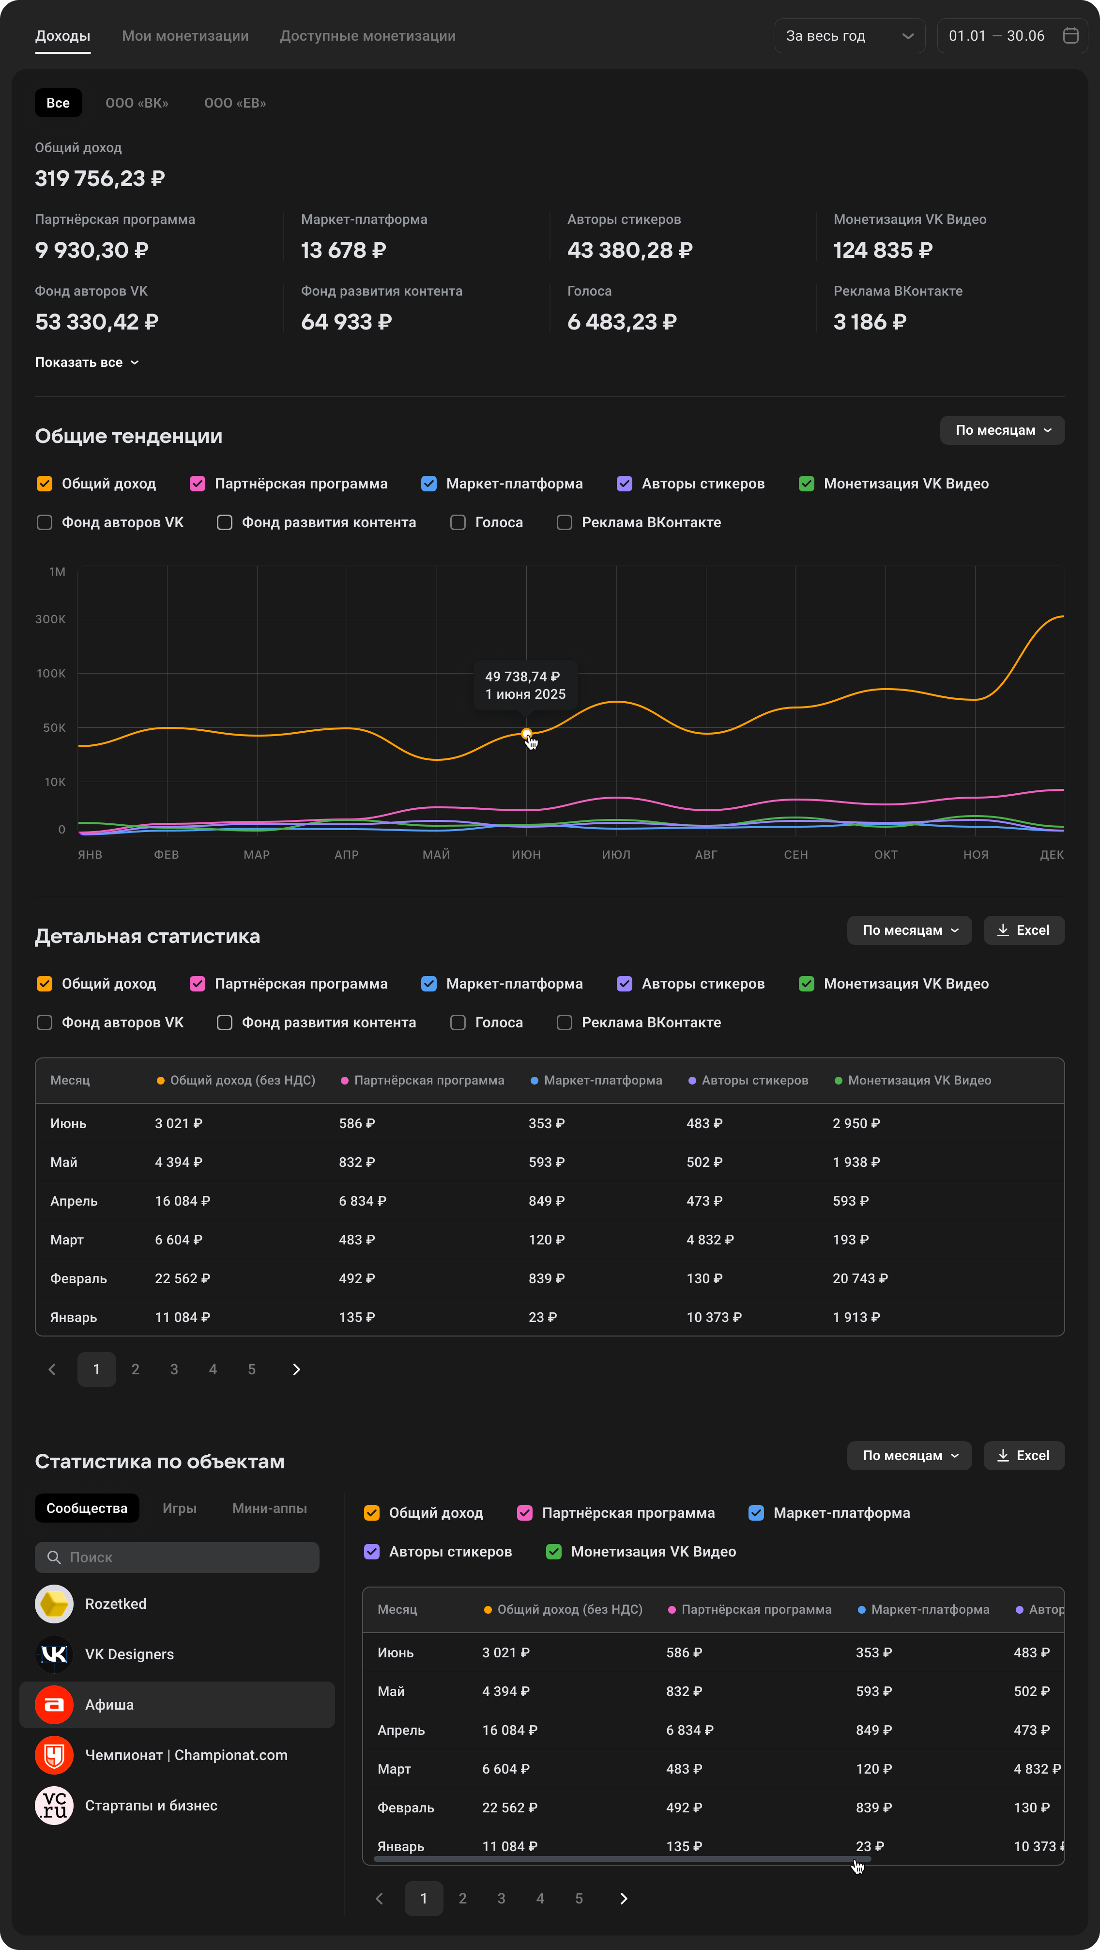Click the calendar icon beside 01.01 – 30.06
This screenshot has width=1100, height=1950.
pyautogui.click(x=1069, y=35)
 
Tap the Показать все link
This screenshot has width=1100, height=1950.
pyautogui.click(x=86, y=362)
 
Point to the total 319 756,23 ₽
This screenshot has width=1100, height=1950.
pyautogui.click(x=100, y=179)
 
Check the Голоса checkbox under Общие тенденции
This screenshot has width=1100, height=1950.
pyautogui.click(x=458, y=522)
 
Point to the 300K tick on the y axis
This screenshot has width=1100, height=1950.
pyautogui.click(x=51, y=619)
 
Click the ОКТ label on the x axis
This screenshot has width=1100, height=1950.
pyautogui.click(x=885, y=855)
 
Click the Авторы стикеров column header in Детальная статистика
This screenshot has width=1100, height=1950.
pyautogui.click(x=754, y=1080)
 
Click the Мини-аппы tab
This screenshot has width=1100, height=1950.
pyautogui.click(x=269, y=1508)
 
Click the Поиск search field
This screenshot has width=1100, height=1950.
pyautogui.click(x=177, y=1557)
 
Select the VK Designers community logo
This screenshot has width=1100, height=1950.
pyautogui.click(x=54, y=1654)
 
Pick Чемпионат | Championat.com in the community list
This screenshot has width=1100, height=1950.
pyautogui.click(x=186, y=1755)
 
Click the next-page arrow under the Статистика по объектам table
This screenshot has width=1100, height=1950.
pyautogui.click(x=624, y=1898)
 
